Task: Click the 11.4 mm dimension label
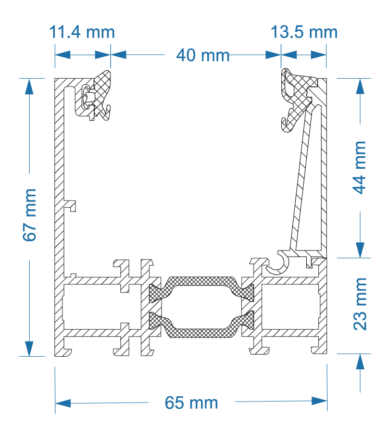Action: click(82, 32)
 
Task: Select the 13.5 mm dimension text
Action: click(304, 32)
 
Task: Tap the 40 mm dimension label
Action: click(203, 55)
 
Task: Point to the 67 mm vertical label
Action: click(30, 215)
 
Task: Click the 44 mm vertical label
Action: click(359, 167)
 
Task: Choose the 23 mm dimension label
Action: click(359, 304)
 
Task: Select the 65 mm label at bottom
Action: click(191, 403)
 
